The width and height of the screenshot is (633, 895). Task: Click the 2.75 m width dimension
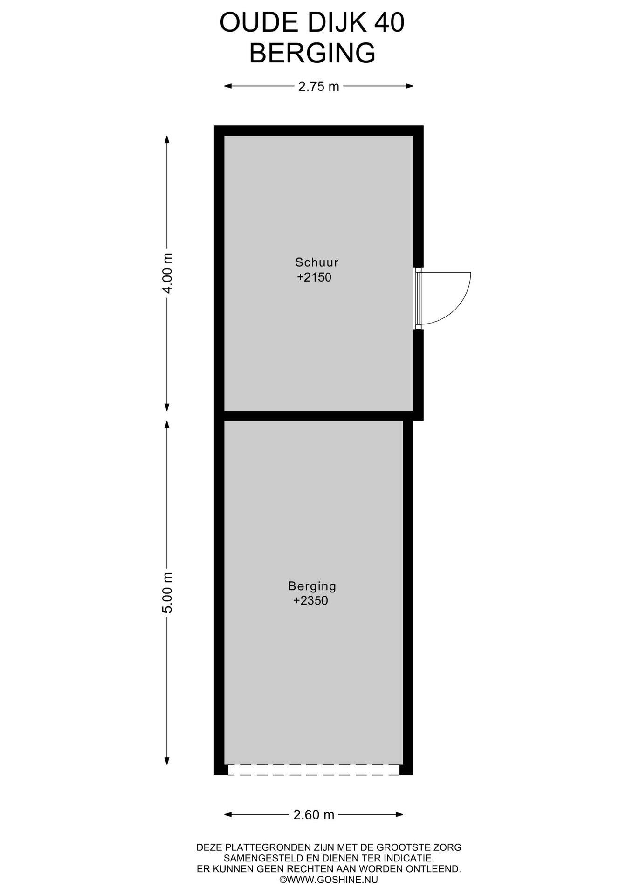click(x=319, y=86)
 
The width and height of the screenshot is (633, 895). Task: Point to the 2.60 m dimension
click(x=314, y=815)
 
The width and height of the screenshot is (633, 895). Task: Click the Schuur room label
click(x=317, y=262)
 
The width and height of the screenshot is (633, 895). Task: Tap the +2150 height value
click(x=314, y=277)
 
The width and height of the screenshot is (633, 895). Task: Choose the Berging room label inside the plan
click(x=312, y=586)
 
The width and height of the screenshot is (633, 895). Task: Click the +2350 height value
click(x=310, y=601)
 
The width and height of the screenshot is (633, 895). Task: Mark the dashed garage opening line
click(x=314, y=774)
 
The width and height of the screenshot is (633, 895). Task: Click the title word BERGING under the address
click(x=312, y=53)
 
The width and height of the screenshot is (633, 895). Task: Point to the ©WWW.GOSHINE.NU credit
click(x=329, y=880)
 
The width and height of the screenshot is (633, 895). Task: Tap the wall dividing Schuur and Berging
click(x=319, y=416)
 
